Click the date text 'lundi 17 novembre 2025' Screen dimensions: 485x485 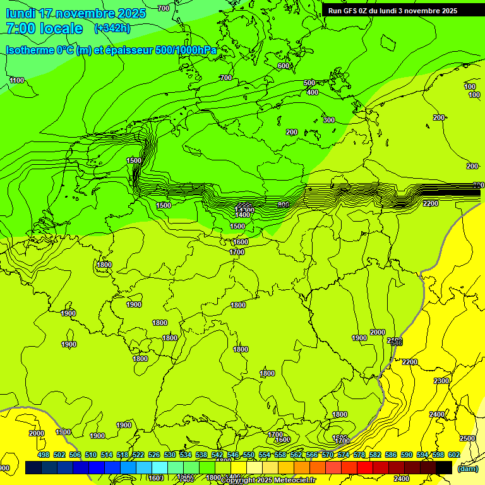pyautogui.click(x=76, y=13)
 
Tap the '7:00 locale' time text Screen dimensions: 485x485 pyautogui.click(x=44, y=28)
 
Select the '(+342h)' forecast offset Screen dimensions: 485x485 pyautogui.click(x=112, y=28)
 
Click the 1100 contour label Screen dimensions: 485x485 pyautogui.click(x=17, y=80)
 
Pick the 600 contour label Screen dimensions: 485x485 pyautogui.click(x=283, y=66)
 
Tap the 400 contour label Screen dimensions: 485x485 pyautogui.click(x=312, y=93)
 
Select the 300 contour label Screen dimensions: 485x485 pyautogui.click(x=328, y=120)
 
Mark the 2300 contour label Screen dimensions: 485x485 pyautogui.click(x=441, y=381)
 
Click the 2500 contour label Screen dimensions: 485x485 pyautogui.click(x=467, y=438)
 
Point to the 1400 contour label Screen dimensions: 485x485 pyautogui.click(x=242, y=215)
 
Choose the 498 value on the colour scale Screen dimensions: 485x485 pyautogui.click(x=44, y=455)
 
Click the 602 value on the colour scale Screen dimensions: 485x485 pyautogui.click(x=453, y=455)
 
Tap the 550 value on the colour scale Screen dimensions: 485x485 pyautogui.click(x=249, y=455)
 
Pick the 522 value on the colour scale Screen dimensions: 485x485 pyautogui.click(x=138, y=455)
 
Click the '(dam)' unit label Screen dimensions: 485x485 pyautogui.click(x=467, y=469)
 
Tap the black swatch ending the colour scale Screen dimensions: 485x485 pyautogui.click(x=444, y=467)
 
